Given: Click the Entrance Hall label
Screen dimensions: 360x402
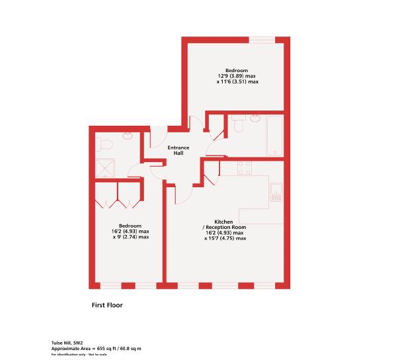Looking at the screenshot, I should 178,150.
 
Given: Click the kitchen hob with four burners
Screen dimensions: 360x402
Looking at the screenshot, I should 245,168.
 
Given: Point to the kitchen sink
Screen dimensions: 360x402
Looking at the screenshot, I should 276,191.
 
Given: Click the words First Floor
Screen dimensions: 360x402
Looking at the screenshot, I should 107,306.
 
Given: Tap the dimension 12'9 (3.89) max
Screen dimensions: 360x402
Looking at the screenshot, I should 236,76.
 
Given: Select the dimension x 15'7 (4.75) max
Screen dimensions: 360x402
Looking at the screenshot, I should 225,238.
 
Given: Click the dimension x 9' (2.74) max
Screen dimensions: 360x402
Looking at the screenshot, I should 130,236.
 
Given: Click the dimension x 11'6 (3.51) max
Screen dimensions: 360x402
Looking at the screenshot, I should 236,81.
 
